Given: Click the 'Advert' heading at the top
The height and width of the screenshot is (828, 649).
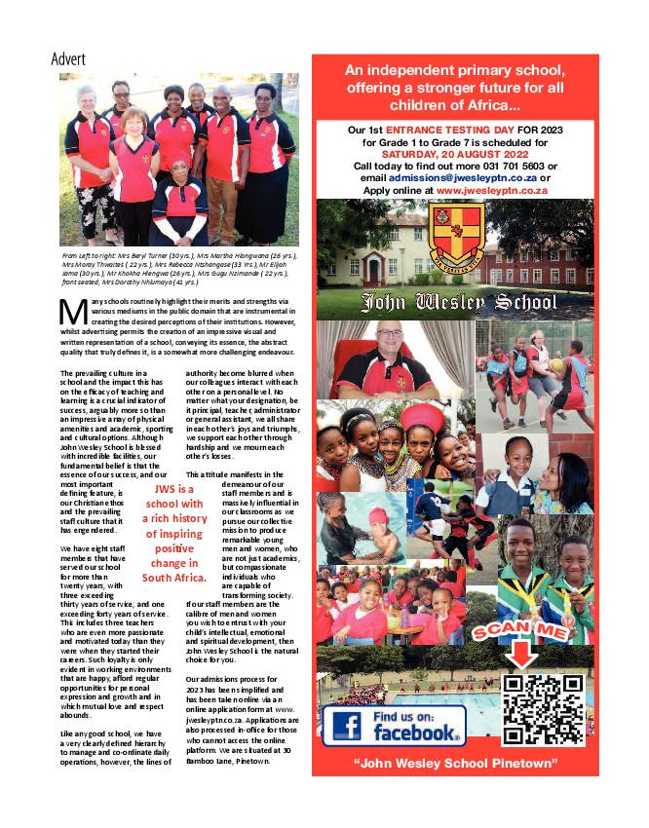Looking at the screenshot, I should click(x=68, y=58).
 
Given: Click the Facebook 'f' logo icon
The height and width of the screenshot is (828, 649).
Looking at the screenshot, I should click(x=348, y=727).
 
